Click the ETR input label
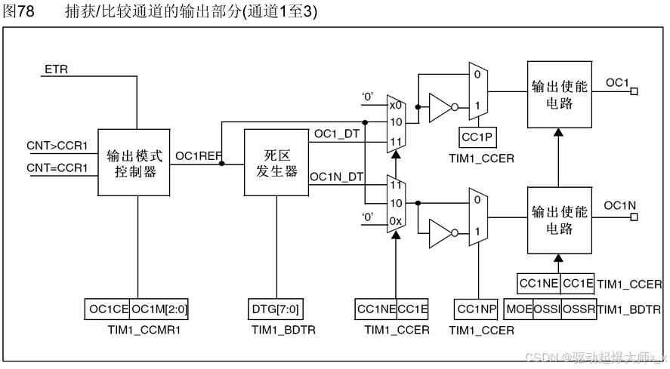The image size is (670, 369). (x=56, y=69)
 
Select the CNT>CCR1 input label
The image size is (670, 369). (x=57, y=145)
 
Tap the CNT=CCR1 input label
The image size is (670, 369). (x=57, y=167)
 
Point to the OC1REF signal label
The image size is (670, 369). (x=198, y=156)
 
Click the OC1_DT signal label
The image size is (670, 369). (x=336, y=134)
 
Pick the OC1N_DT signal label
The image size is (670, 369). (x=337, y=176)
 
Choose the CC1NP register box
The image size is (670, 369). (x=477, y=309)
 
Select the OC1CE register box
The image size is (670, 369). (x=107, y=309)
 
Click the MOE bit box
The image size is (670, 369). (x=520, y=309)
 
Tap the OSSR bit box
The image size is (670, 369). (x=579, y=309)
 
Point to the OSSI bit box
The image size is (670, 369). (x=548, y=309)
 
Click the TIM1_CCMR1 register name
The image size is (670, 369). (x=134, y=331)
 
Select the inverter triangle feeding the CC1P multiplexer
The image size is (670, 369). (x=440, y=108)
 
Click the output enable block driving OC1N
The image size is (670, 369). (x=558, y=220)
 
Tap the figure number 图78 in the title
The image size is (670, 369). (x=21, y=11)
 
